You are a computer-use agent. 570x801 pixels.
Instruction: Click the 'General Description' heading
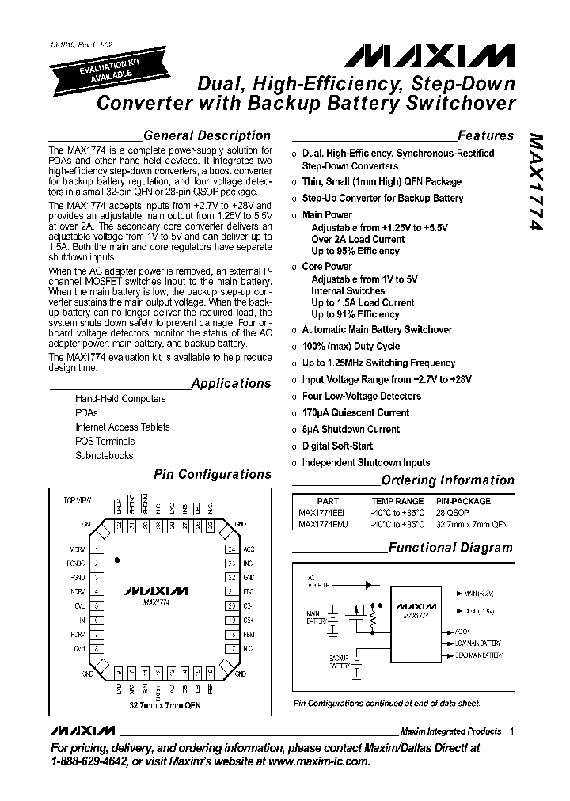pyautogui.click(x=207, y=135)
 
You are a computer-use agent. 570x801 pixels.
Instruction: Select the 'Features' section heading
pyautogui.click(x=485, y=135)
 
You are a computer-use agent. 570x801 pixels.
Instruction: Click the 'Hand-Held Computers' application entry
pyautogui.click(x=120, y=399)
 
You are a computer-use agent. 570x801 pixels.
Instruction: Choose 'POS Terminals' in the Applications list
pyautogui.click(x=104, y=442)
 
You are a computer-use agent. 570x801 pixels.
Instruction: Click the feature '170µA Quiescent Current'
pyautogui.click(x=355, y=412)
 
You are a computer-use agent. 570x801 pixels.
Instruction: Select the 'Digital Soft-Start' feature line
pyautogui.click(x=337, y=446)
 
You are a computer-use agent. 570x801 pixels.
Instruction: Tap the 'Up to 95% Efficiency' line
pyautogui.click(x=355, y=251)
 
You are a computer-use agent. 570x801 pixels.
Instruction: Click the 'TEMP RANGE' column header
pyautogui.click(x=397, y=501)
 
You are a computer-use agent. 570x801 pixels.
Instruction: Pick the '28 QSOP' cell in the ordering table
pyautogui.click(x=453, y=512)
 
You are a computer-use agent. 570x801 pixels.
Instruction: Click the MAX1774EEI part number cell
pyautogui.click(x=321, y=512)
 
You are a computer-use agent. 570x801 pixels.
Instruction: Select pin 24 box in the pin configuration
pyautogui.click(x=231, y=549)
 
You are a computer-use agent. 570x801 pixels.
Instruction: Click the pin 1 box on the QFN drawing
pyautogui.click(x=97, y=549)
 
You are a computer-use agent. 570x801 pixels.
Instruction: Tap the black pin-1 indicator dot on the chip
pyautogui.click(x=117, y=560)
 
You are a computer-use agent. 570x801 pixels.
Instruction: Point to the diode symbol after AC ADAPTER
pyautogui.click(x=367, y=586)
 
